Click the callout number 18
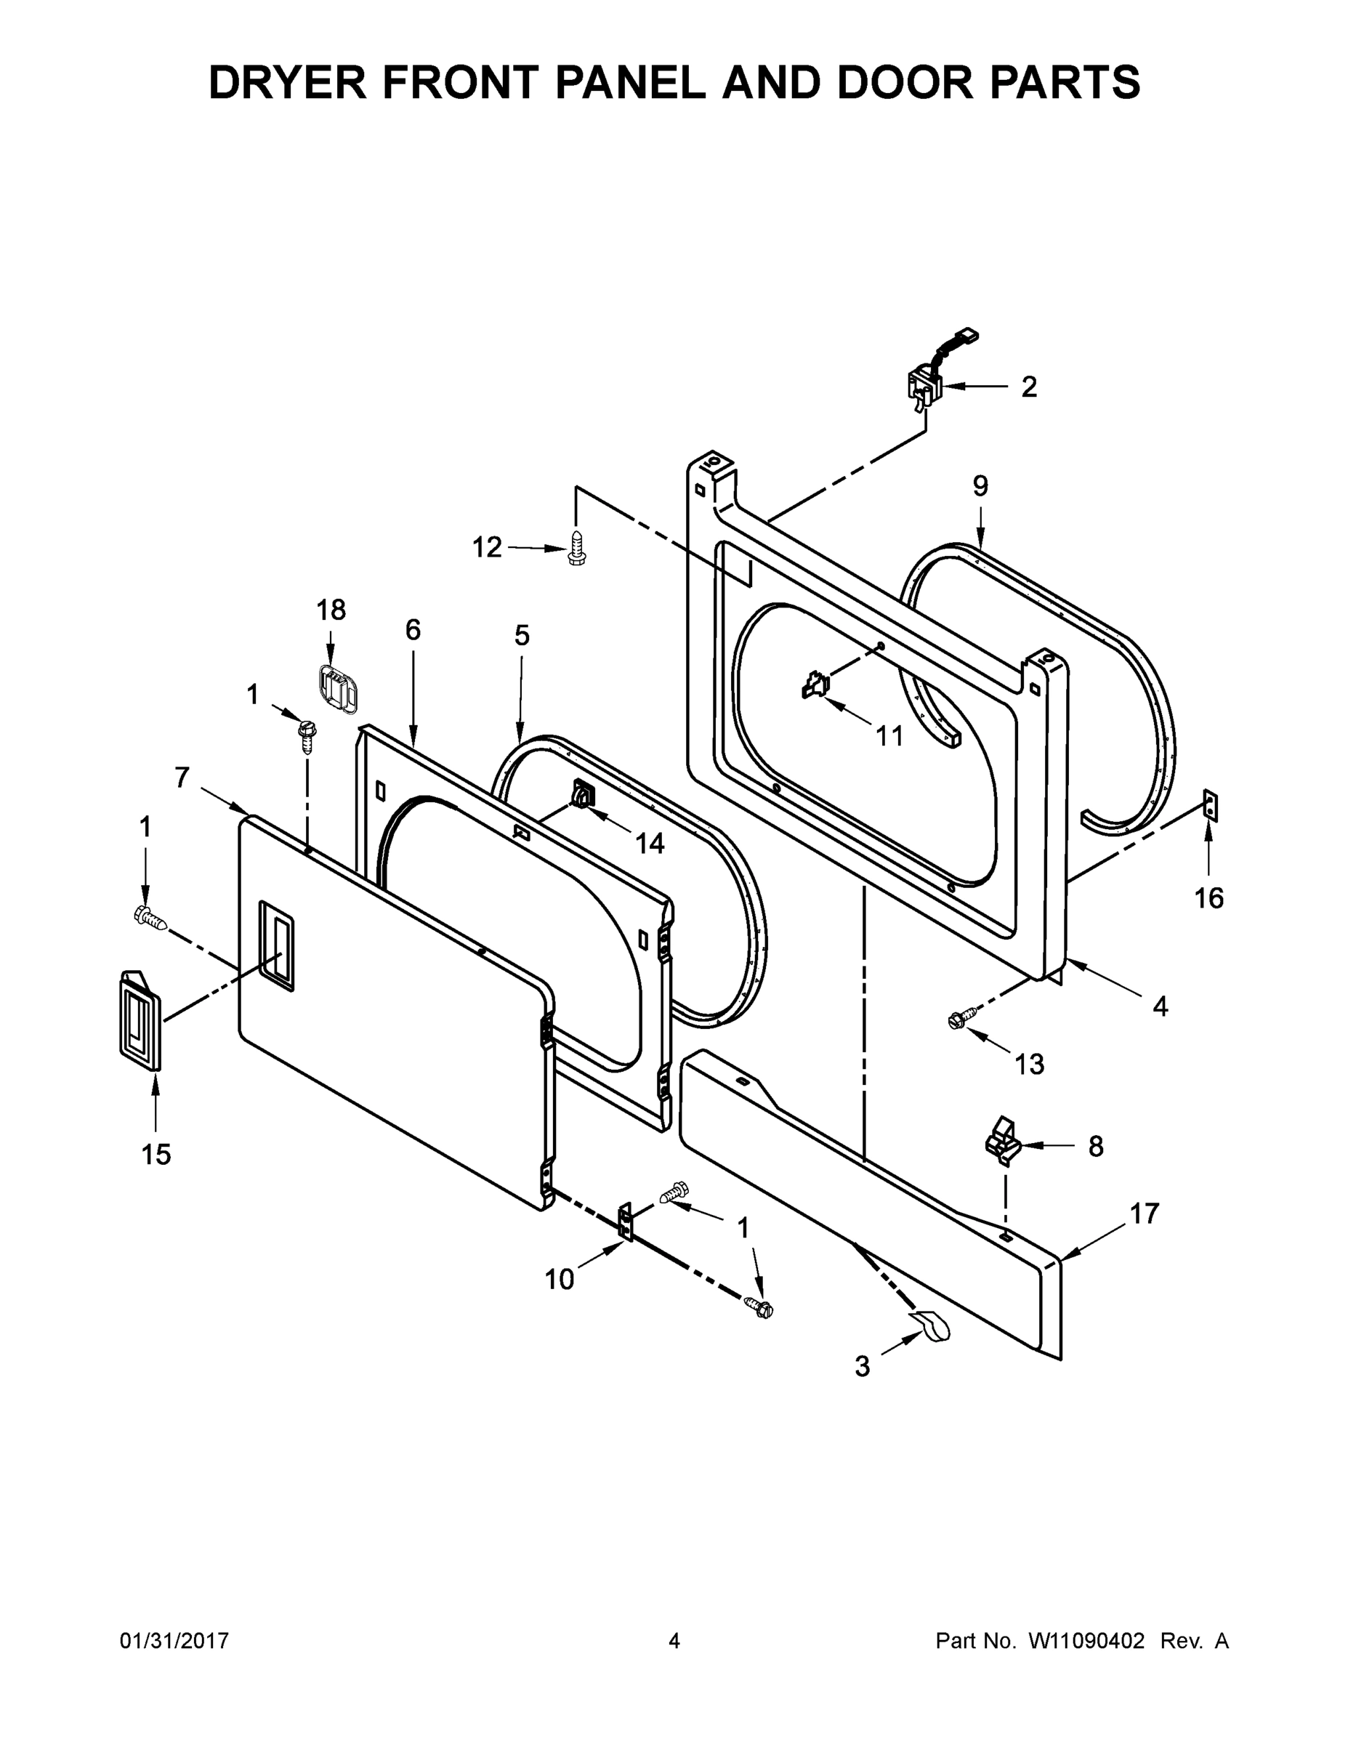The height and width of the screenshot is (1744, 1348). pyautogui.click(x=331, y=610)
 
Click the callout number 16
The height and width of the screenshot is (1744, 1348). pyautogui.click(x=1208, y=898)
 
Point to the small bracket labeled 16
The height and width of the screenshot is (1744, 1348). pyautogui.click(x=1210, y=806)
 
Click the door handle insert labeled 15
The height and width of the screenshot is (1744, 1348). pyautogui.click(x=139, y=1020)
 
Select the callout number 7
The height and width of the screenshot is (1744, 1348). pyautogui.click(x=182, y=777)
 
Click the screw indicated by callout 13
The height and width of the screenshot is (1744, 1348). pyautogui.click(x=957, y=1019)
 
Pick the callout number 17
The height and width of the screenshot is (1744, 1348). pyautogui.click(x=1144, y=1214)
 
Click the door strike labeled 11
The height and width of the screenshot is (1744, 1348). pyautogui.click(x=815, y=685)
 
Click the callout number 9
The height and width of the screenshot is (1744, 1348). pyautogui.click(x=980, y=485)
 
